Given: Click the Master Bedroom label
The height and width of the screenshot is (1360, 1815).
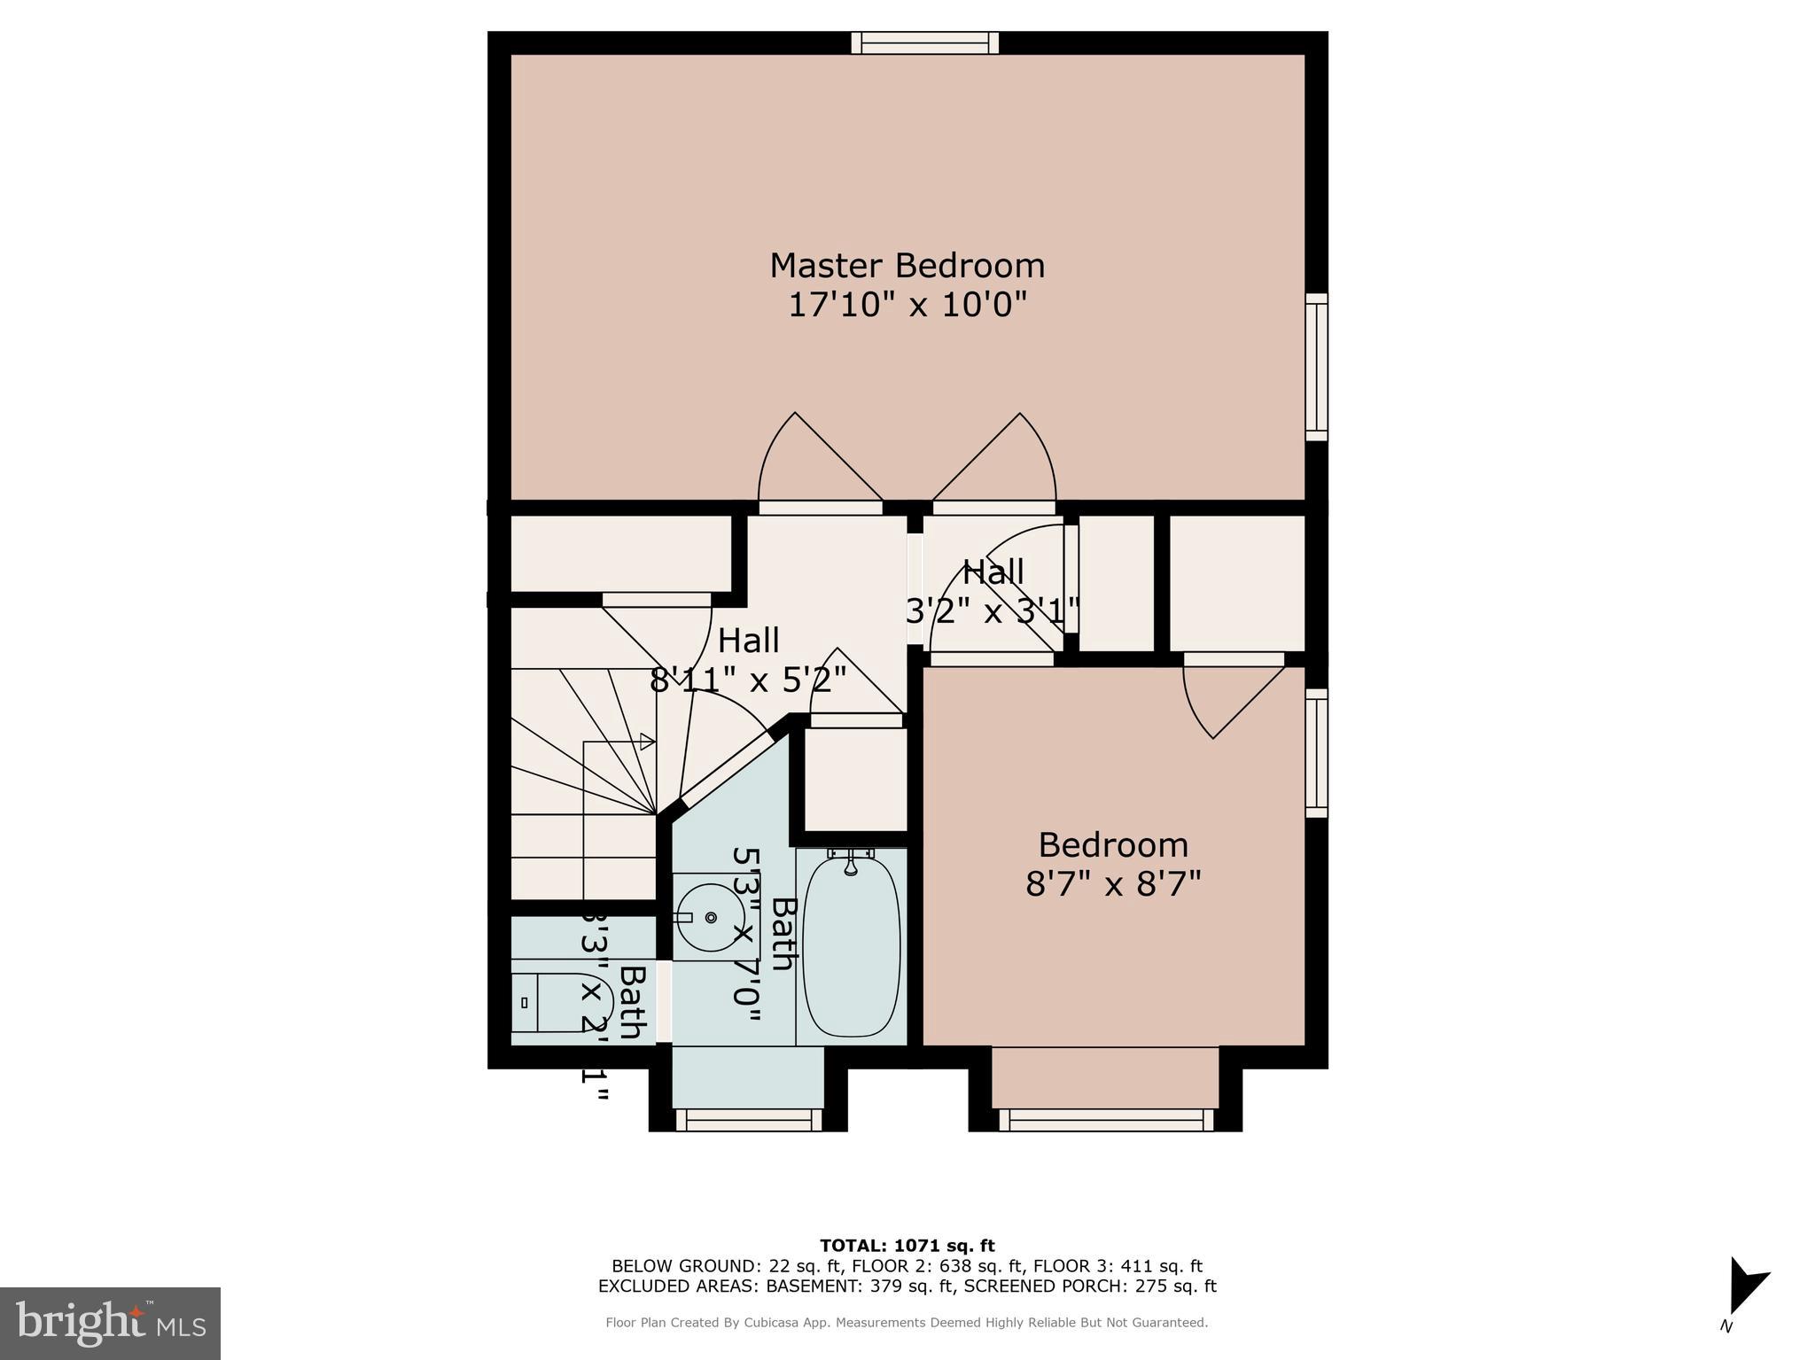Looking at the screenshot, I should tap(907, 266).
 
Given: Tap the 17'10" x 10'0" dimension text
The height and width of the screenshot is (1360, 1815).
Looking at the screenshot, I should tap(907, 306).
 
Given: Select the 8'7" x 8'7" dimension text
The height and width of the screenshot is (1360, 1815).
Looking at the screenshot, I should tap(1113, 884).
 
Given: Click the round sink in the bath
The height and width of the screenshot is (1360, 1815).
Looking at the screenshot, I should tap(709, 917).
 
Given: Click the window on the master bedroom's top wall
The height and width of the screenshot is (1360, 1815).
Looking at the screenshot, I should tap(924, 43).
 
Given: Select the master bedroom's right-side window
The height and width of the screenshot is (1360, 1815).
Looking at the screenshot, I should tap(1317, 367).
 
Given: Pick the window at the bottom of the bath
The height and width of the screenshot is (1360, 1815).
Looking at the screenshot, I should tap(749, 1121).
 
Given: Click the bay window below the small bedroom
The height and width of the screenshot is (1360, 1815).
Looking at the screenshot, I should tap(1106, 1121).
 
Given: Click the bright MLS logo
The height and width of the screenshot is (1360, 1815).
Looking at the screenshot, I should tap(110, 1323).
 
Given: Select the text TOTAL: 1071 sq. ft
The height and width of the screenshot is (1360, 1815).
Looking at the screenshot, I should tap(907, 1247).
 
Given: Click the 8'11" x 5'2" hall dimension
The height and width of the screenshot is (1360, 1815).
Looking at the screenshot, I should tap(748, 680).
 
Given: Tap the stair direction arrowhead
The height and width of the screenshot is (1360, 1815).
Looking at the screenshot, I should tap(648, 742).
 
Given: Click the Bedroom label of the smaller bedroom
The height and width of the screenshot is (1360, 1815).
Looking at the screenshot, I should tap(1113, 845).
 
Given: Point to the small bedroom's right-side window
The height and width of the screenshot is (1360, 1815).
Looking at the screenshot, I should tap(1317, 753).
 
